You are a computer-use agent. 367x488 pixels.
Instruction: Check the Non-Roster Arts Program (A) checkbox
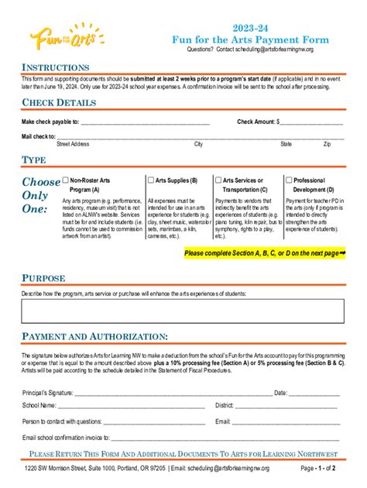(66, 180)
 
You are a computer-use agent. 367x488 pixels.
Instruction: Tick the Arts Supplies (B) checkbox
(151, 180)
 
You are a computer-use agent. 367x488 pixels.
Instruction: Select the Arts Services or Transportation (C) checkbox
(218, 180)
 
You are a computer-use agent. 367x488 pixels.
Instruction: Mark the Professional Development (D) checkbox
(289, 180)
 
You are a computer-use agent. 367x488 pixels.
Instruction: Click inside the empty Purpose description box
(183, 311)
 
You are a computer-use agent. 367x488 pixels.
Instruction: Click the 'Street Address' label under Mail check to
(73, 144)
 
